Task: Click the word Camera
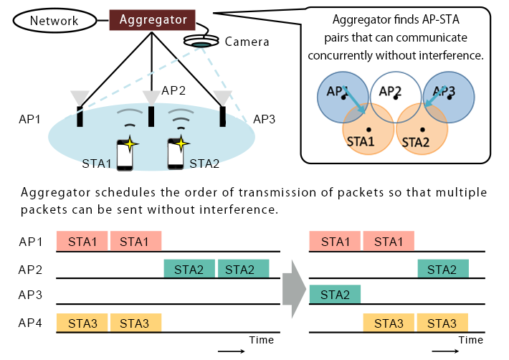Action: point(247,42)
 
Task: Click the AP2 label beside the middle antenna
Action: point(173,90)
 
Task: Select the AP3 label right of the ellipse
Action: point(265,118)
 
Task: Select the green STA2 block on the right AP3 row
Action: point(335,294)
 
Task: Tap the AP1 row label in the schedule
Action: point(31,242)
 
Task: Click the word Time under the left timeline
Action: point(261,339)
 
